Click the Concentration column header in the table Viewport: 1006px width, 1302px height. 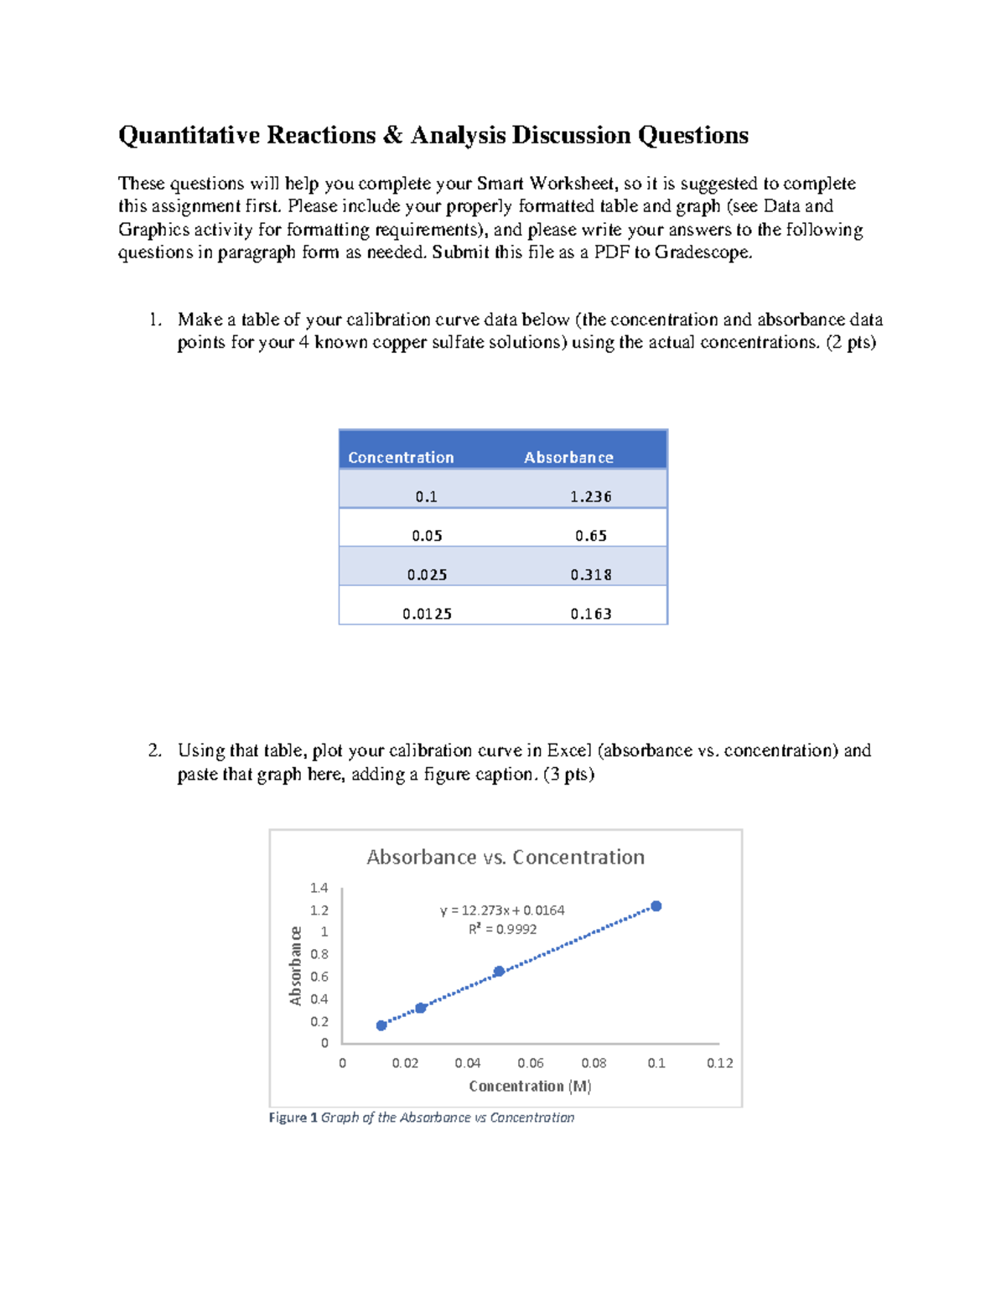(x=401, y=458)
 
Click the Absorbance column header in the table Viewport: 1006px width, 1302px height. (x=568, y=458)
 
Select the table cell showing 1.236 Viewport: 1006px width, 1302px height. (x=590, y=496)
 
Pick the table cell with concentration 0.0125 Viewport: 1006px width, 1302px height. (x=427, y=614)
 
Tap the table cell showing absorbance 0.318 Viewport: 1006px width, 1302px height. (x=590, y=575)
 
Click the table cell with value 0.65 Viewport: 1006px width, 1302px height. (x=590, y=536)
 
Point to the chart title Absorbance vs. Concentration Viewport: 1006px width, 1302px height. (x=506, y=857)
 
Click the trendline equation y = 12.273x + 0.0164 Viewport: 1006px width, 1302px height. (x=502, y=910)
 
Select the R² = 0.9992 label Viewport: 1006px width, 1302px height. (x=502, y=929)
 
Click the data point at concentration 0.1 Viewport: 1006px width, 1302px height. (x=656, y=906)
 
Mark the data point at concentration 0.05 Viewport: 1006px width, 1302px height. (x=499, y=972)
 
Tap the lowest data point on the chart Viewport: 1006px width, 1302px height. (x=381, y=1025)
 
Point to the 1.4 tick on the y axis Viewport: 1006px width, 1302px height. (x=319, y=888)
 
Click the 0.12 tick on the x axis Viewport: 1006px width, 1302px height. (x=719, y=1063)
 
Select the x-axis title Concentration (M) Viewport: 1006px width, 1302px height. (x=530, y=1087)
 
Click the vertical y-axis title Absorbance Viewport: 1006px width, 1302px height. (x=295, y=966)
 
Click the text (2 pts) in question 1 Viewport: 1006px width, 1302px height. (x=851, y=342)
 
